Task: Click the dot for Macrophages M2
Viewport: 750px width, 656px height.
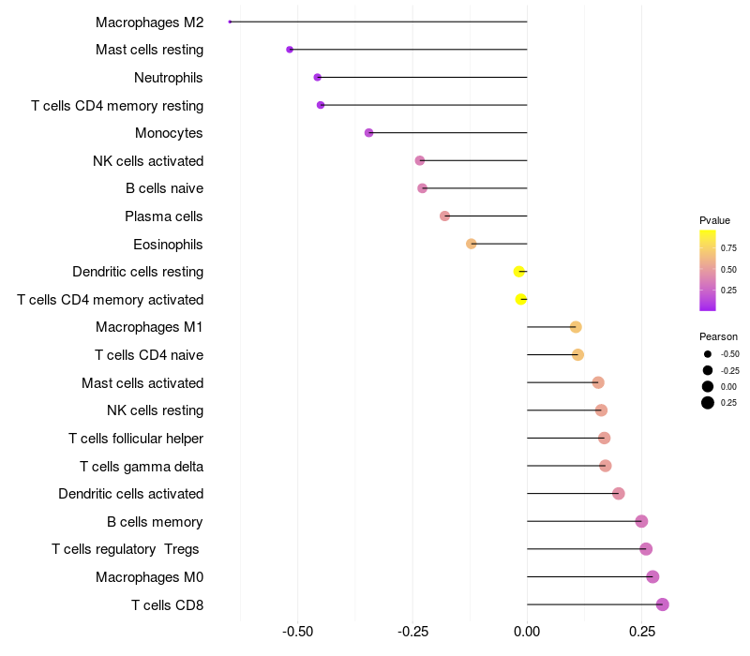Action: [230, 22]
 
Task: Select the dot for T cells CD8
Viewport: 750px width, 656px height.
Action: [662, 604]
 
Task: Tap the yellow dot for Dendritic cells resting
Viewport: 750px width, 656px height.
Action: [519, 272]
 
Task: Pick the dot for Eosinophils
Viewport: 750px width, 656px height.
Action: [472, 244]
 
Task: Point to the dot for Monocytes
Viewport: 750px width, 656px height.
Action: [368, 133]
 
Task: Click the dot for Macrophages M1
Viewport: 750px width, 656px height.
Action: [576, 327]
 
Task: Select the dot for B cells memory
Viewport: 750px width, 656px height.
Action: [641, 521]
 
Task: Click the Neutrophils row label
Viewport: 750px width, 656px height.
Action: [169, 77]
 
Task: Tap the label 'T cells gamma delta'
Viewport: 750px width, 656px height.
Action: [142, 466]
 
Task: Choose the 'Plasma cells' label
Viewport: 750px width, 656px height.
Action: [164, 216]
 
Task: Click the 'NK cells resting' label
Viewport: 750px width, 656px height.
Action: [156, 410]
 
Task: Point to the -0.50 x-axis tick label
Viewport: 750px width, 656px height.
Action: [297, 632]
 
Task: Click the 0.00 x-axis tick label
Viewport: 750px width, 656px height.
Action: [527, 632]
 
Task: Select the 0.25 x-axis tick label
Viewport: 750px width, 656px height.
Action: [642, 632]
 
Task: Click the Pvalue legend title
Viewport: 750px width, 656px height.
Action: [714, 220]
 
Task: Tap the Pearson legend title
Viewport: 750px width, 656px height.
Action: [718, 336]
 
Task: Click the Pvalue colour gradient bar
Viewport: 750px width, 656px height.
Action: [708, 270]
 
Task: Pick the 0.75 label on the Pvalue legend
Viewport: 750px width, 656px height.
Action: [728, 248]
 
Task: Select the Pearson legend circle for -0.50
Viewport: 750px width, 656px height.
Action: [708, 354]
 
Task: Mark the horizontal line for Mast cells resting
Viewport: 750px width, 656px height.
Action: [408, 49]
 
